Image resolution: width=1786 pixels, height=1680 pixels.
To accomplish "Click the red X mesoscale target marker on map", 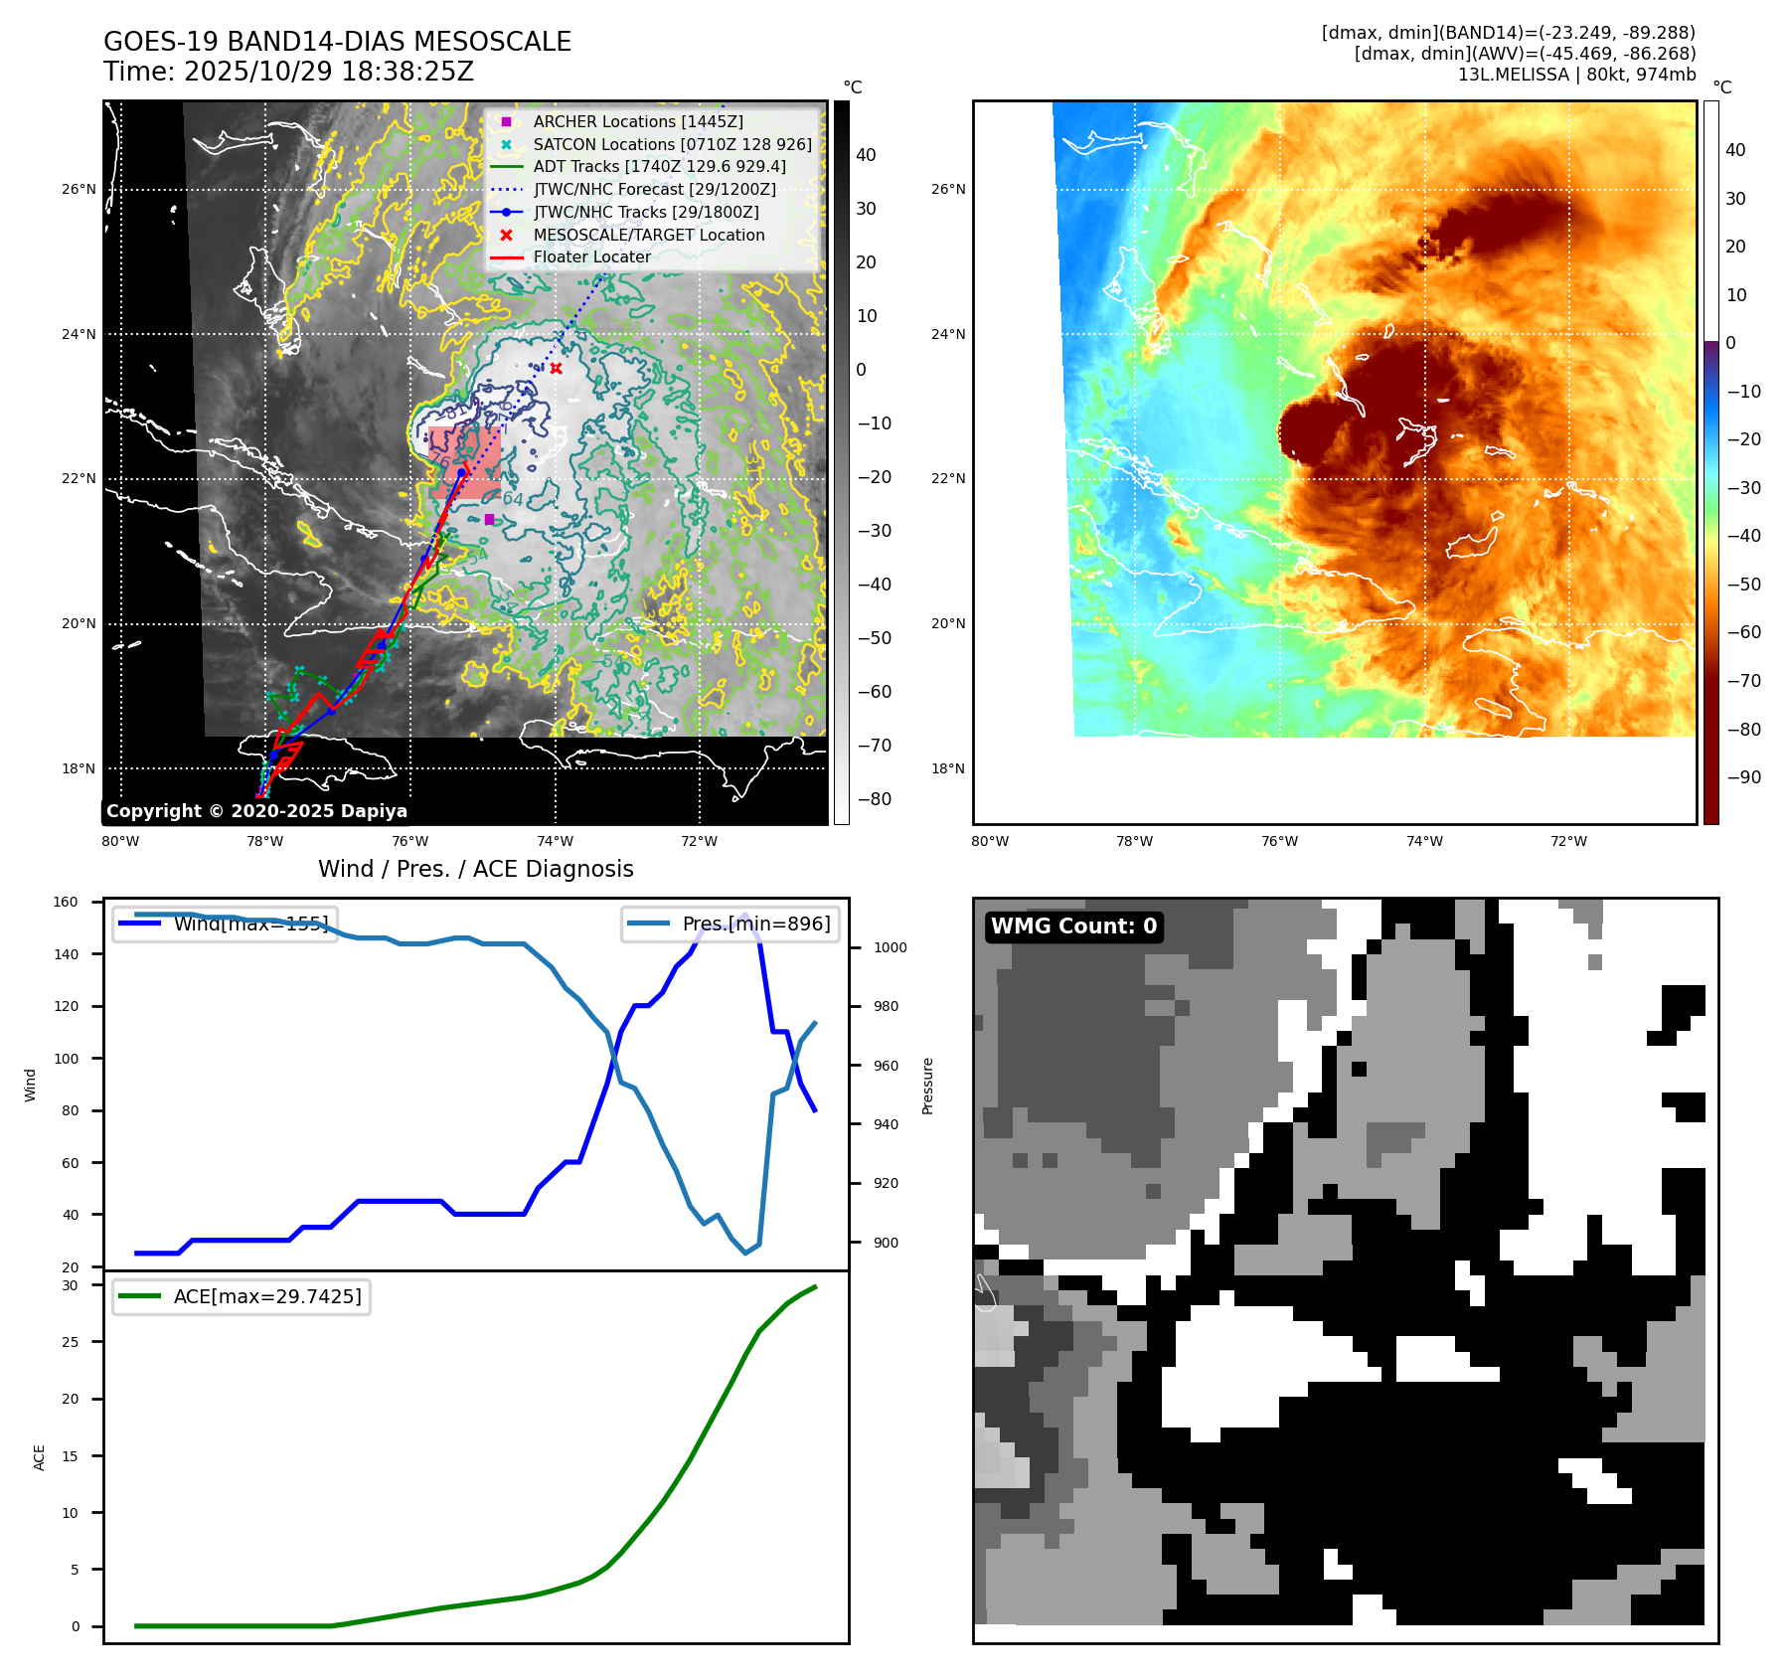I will pyautogui.click(x=556, y=369).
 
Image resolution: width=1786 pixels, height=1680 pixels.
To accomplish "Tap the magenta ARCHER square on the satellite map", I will pyautogui.click(x=489, y=520).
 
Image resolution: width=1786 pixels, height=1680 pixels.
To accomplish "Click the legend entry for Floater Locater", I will pyautogui.click(x=591, y=257).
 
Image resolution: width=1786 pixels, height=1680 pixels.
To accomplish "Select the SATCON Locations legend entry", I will pyautogui.click(x=672, y=144).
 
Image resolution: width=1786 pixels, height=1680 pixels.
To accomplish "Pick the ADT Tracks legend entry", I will pyautogui.click(x=659, y=167).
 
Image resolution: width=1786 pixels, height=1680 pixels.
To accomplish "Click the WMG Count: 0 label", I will pyautogui.click(x=1073, y=926).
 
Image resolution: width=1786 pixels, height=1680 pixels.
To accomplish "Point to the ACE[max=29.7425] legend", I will pyautogui.click(x=266, y=1296).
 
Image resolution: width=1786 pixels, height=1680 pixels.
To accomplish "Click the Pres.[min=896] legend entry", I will pyautogui.click(x=755, y=924).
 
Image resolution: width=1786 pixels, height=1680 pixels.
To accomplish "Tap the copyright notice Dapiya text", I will pyautogui.click(x=256, y=811).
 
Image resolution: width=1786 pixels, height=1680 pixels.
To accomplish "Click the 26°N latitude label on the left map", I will pyautogui.click(x=80, y=189).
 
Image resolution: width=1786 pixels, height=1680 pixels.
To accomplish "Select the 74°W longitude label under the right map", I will pyautogui.click(x=1424, y=841).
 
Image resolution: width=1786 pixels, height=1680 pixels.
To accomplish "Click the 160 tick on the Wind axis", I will pyautogui.click(x=66, y=903).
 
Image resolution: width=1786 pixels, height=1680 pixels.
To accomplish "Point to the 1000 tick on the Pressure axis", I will pyautogui.click(x=890, y=948).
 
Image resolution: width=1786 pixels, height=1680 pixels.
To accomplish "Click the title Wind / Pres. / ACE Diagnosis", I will pyautogui.click(x=475, y=869).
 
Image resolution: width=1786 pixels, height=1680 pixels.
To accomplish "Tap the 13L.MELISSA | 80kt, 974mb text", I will pyautogui.click(x=1576, y=75).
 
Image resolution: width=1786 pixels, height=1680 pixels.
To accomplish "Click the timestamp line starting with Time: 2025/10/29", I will pyautogui.click(x=288, y=73).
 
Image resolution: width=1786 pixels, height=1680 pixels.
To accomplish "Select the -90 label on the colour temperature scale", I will pyautogui.click(x=1743, y=777).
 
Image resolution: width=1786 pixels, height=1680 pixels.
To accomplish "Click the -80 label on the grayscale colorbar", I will pyautogui.click(x=875, y=799).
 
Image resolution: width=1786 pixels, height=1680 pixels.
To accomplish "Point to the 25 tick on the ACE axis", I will pyautogui.click(x=70, y=1342).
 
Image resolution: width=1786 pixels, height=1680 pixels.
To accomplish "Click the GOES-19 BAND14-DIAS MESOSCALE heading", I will pyautogui.click(x=337, y=42).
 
